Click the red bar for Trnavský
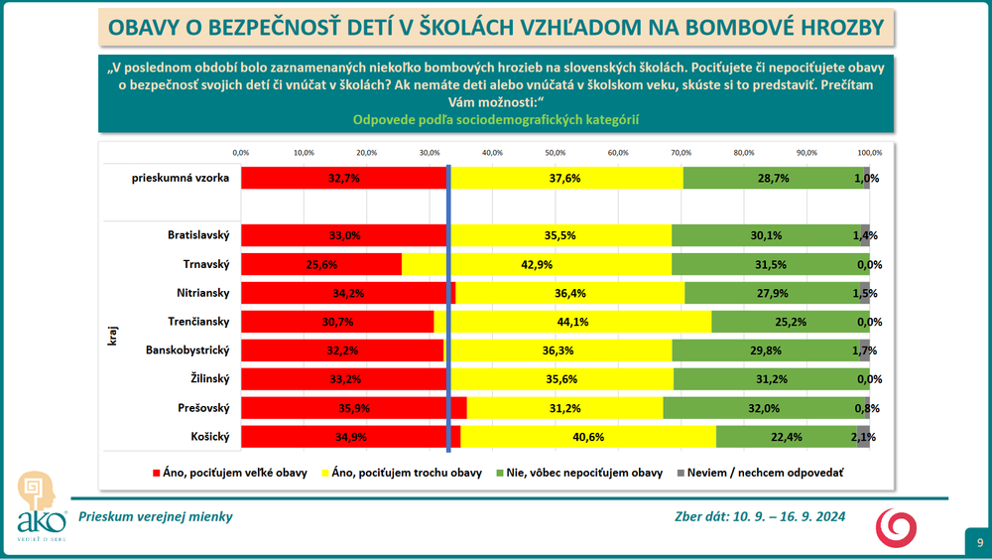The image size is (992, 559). [x=320, y=264]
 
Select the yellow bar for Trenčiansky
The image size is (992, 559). [x=572, y=322]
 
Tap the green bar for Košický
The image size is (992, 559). [x=786, y=437]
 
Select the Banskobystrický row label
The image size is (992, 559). [x=187, y=350]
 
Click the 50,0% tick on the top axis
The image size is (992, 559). [x=555, y=152]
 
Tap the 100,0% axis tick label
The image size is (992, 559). [x=869, y=152]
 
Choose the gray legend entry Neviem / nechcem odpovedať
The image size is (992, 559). [x=760, y=473]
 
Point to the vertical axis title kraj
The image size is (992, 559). [x=112, y=335]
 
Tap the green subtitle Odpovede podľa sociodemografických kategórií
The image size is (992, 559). [x=496, y=119]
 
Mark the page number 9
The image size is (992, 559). [x=979, y=542]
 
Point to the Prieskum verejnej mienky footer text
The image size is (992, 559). [x=162, y=516]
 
